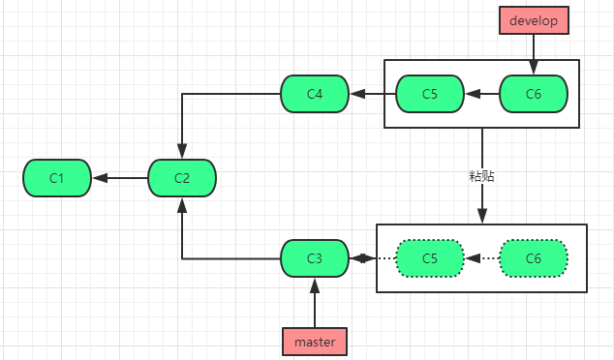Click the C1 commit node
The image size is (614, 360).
click(x=56, y=177)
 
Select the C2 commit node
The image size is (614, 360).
click(x=182, y=177)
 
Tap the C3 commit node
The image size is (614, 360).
click(x=314, y=258)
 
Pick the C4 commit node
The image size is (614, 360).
click(x=314, y=94)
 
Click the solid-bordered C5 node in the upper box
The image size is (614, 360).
click(x=430, y=94)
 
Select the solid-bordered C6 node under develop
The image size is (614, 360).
click(x=533, y=94)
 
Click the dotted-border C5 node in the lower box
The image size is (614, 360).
click(x=430, y=258)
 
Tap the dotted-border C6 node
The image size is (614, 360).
click(x=533, y=258)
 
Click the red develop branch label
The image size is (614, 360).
click(x=533, y=20)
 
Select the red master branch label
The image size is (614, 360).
click(x=314, y=342)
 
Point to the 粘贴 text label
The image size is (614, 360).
click(x=481, y=177)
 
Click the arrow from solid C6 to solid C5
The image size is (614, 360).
click(x=481, y=94)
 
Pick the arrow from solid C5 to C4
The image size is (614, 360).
click(x=373, y=94)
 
